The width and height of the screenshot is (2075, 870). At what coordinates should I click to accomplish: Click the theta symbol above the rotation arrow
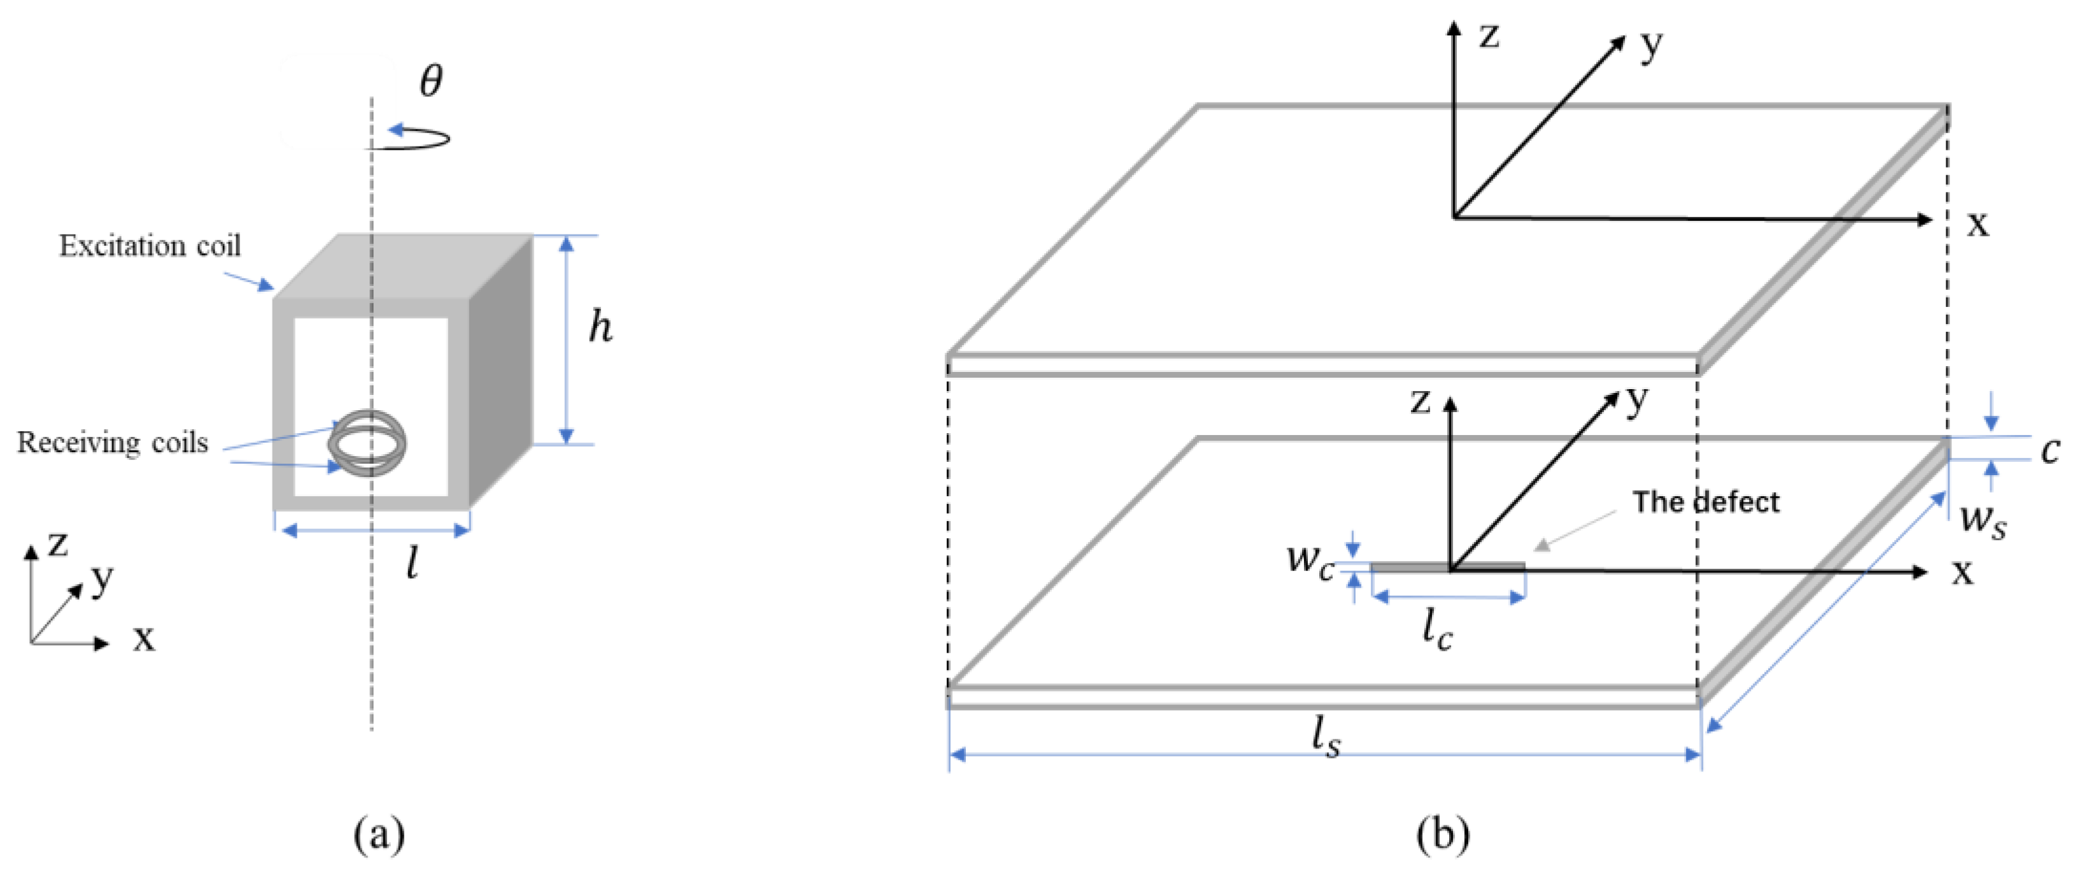[x=431, y=80]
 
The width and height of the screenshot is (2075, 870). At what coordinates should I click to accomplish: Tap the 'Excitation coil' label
[x=150, y=246]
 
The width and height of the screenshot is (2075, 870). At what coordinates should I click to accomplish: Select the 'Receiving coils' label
[x=113, y=442]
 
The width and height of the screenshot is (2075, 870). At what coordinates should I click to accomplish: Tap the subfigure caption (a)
[x=379, y=834]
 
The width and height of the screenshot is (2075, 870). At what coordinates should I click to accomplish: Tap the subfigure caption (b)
[x=1442, y=834]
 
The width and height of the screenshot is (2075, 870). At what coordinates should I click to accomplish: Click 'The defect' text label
[x=1705, y=502]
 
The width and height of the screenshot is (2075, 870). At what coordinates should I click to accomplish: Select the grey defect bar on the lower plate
[x=1410, y=567]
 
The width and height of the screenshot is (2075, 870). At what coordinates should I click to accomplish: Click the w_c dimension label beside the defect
[x=1310, y=557]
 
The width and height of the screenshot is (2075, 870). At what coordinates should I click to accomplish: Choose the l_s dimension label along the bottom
[x=1326, y=736]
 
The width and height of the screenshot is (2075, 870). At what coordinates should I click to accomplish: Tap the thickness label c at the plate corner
[x=2050, y=450]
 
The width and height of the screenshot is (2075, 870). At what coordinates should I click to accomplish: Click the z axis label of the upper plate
[x=1489, y=36]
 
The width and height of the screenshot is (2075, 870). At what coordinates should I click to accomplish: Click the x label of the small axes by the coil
[x=144, y=638]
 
